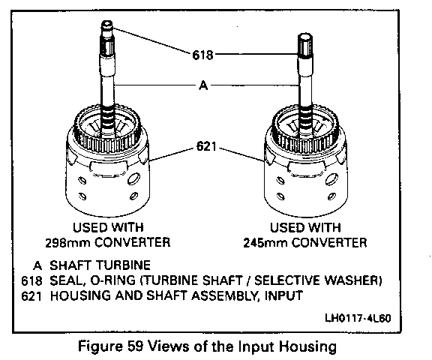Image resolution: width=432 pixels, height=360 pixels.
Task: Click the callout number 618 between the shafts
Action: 202,55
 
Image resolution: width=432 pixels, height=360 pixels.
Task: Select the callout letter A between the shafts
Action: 203,85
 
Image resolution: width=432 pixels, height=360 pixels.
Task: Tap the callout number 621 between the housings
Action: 206,146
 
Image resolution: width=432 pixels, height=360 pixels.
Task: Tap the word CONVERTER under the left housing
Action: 133,242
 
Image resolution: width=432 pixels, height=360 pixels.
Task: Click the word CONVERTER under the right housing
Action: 329,243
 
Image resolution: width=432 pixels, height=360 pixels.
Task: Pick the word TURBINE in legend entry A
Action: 124,265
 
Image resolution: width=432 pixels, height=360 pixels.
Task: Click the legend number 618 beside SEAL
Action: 32,280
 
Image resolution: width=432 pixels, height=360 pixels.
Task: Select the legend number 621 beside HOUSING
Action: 31,296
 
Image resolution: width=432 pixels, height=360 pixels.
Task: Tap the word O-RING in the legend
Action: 113,280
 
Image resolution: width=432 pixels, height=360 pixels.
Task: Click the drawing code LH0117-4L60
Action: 358,319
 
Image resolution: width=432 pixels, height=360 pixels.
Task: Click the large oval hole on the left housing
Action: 134,179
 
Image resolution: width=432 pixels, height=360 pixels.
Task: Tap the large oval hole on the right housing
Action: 331,179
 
